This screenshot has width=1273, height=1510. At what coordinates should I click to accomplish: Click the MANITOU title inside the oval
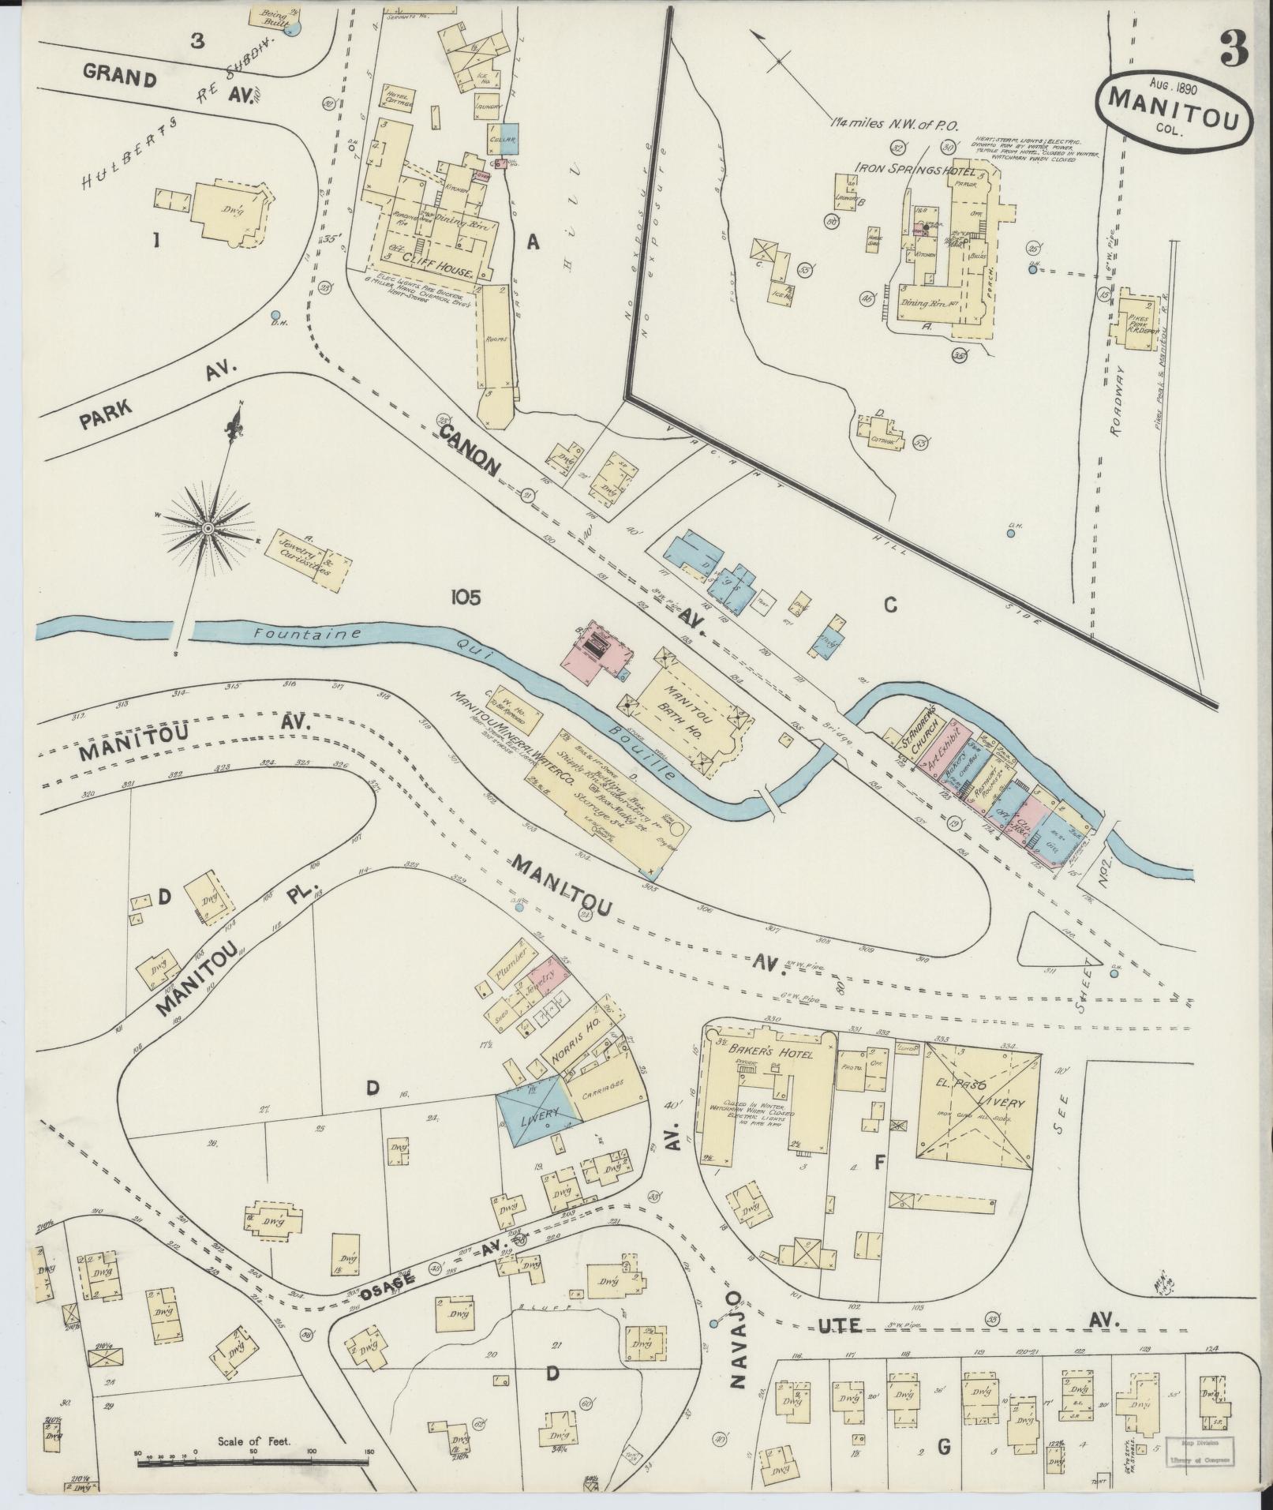click(x=1172, y=100)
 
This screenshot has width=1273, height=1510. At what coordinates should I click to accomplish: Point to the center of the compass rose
click(x=208, y=528)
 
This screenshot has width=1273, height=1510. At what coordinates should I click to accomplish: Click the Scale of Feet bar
click(x=253, y=1462)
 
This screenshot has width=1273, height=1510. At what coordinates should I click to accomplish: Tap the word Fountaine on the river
click(x=302, y=634)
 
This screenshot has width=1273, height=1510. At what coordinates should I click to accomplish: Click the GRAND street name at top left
click(x=121, y=77)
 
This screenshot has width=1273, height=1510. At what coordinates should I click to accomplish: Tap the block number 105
click(x=466, y=598)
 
